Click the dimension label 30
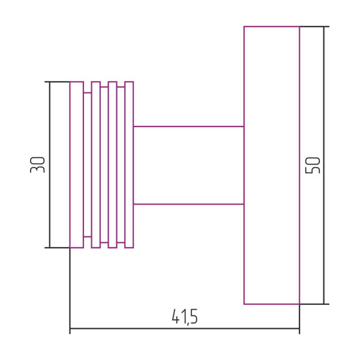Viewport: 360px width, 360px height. click(x=37, y=164)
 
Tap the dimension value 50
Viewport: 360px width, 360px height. click(x=313, y=165)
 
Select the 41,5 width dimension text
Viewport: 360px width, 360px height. click(x=185, y=317)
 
